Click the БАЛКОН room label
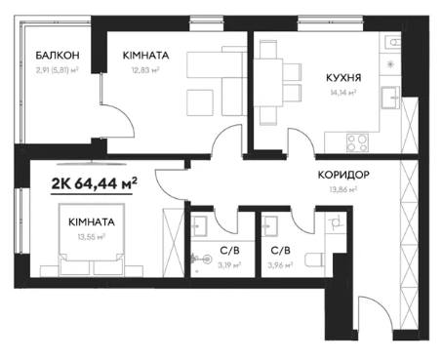click(x=58, y=56)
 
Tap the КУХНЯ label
click(x=343, y=78)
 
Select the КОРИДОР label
click(x=343, y=175)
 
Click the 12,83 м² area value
click(x=145, y=70)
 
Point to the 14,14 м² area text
click(x=343, y=93)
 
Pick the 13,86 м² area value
click(x=343, y=189)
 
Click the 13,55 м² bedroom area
click(x=92, y=237)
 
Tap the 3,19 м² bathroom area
click(x=229, y=265)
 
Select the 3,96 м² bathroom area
click(x=280, y=265)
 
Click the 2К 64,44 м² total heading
click(x=94, y=184)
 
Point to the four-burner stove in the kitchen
click(x=357, y=142)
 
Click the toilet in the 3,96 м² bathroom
click(x=314, y=260)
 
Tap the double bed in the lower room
click(x=92, y=239)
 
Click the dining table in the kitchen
click(x=268, y=83)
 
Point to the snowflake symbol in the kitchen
click(x=390, y=64)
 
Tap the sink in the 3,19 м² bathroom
click(x=198, y=224)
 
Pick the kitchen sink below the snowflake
click(x=390, y=97)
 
